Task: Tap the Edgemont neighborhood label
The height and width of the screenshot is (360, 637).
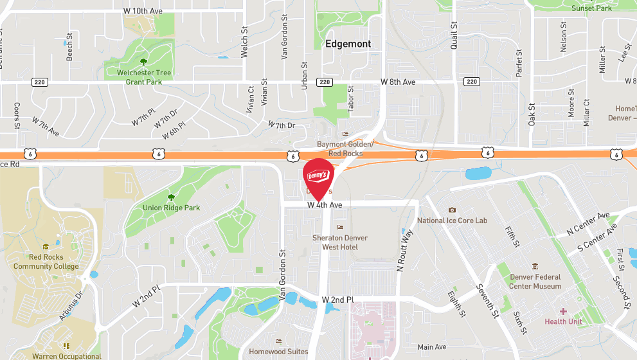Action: click(348, 44)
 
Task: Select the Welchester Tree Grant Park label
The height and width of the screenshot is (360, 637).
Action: click(144, 77)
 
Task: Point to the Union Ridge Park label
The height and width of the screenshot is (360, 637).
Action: click(171, 208)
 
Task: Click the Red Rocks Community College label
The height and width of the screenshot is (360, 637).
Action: click(46, 262)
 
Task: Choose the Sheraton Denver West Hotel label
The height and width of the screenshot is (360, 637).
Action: click(340, 242)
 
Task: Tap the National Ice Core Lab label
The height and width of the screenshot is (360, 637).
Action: click(452, 221)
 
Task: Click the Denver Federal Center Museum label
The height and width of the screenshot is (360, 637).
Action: click(535, 282)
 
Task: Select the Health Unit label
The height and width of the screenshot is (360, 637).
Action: click(563, 321)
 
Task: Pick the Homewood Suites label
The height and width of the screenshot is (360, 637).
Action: click(278, 352)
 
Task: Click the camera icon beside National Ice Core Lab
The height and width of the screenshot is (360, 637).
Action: click(452, 210)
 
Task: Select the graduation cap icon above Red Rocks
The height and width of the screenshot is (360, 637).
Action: click(46, 247)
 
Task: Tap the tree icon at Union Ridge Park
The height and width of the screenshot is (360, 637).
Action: click(171, 197)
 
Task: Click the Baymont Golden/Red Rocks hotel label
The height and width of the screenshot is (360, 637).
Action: click(345, 149)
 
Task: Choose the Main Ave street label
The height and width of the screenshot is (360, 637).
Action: click(431, 347)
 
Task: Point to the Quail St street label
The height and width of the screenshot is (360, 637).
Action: click(454, 35)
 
